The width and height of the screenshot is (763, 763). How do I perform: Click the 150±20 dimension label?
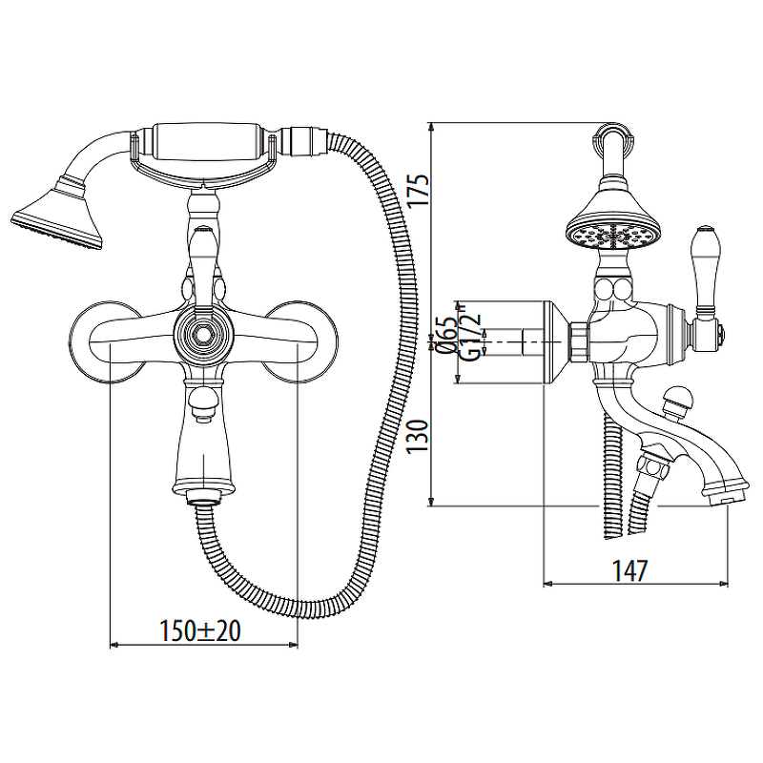200,631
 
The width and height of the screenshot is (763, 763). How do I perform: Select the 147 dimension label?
629,570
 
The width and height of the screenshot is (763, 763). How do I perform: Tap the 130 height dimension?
418,437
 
